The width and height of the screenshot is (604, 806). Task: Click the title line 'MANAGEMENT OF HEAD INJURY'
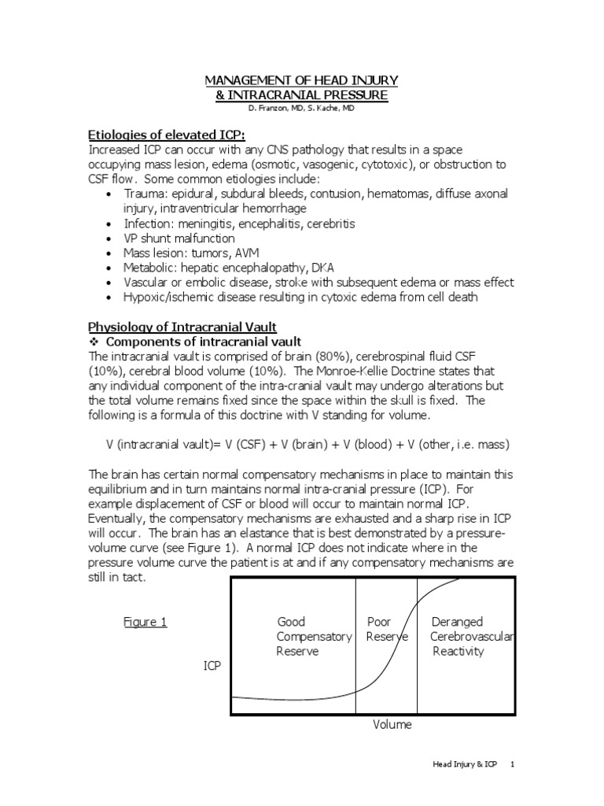(x=301, y=80)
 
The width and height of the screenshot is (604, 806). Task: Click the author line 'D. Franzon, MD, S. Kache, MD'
(x=301, y=108)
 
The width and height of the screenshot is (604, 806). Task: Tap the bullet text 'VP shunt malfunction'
(x=179, y=238)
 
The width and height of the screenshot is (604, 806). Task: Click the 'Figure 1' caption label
(x=145, y=622)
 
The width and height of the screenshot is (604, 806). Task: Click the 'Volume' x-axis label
(x=392, y=725)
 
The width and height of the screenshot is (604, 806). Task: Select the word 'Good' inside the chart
(x=291, y=622)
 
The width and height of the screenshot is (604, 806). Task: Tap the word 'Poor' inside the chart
(x=379, y=622)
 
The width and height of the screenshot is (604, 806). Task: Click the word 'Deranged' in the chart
(x=457, y=622)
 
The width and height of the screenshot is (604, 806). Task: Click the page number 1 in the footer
(x=513, y=764)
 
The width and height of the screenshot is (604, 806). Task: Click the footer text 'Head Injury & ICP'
(x=466, y=764)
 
